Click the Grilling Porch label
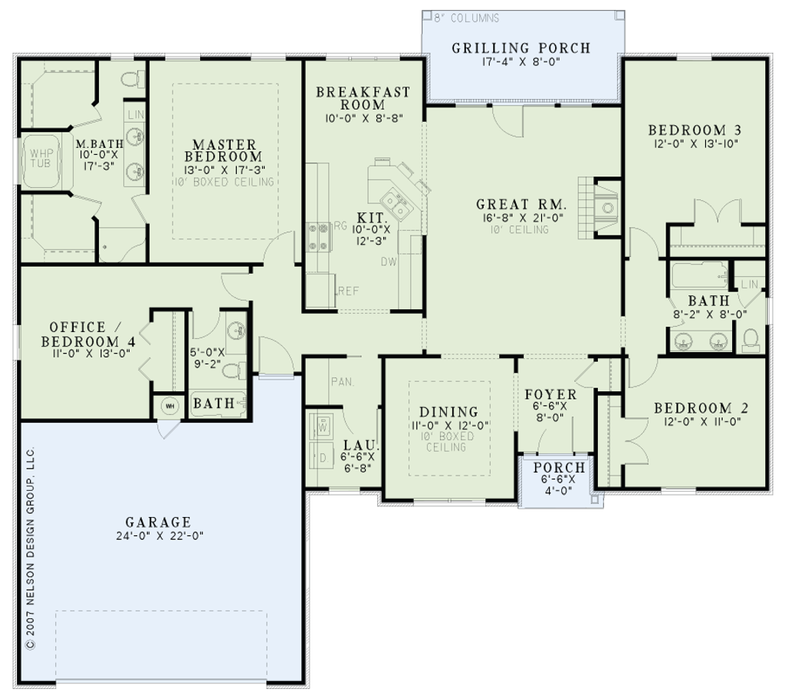[x=521, y=48]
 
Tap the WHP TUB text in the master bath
[x=41, y=158]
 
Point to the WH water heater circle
[x=169, y=407]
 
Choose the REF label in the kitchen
[x=349, y=291]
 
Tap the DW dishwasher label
[x=389, y=262]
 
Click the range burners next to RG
[x=319, y=237]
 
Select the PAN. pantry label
[x=343, y=382]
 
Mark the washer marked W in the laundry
[x=321, y=426]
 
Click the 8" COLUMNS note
[x=467, y=18]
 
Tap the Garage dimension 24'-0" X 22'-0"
[x=159, y=535]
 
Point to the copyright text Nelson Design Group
[x=31, y=548]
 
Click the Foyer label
[x=550, y=395]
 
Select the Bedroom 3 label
[x=695, y=130]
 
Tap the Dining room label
[x=448, y=412]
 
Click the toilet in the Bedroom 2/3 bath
[x=751, y=339]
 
